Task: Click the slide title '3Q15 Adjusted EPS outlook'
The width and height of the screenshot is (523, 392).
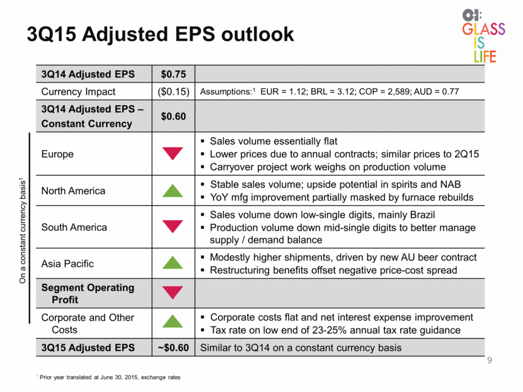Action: point(160,34)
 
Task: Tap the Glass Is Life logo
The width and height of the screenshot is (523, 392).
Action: point(483,36)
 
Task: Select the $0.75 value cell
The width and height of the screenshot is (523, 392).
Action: point(173,74)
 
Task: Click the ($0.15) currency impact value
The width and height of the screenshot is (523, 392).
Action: point(173,92)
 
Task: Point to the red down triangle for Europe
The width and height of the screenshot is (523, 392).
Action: point(173,154)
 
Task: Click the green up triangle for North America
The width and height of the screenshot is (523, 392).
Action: point(173,191)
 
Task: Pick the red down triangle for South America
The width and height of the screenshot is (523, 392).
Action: point(173,227)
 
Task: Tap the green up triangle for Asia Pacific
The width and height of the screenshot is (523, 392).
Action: point(173,262)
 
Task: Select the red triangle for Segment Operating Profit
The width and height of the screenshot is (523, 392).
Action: point(173,293)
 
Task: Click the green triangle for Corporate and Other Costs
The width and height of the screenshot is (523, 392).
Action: point(173,321)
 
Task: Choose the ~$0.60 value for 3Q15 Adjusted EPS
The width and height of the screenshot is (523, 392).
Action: point(173,348)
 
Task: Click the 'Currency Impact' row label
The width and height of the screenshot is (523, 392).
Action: point(78,92)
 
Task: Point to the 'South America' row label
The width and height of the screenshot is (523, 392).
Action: point(74,227)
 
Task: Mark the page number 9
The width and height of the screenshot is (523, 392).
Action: point(490,360)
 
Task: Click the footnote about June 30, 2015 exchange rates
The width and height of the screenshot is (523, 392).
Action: point(108,378)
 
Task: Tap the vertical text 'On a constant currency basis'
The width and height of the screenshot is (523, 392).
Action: point(22,231)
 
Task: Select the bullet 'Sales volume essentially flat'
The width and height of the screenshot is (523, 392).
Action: point(273,141)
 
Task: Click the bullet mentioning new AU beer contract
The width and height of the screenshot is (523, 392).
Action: point(343,257)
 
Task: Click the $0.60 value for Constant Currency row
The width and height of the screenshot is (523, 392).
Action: point(173,116)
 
